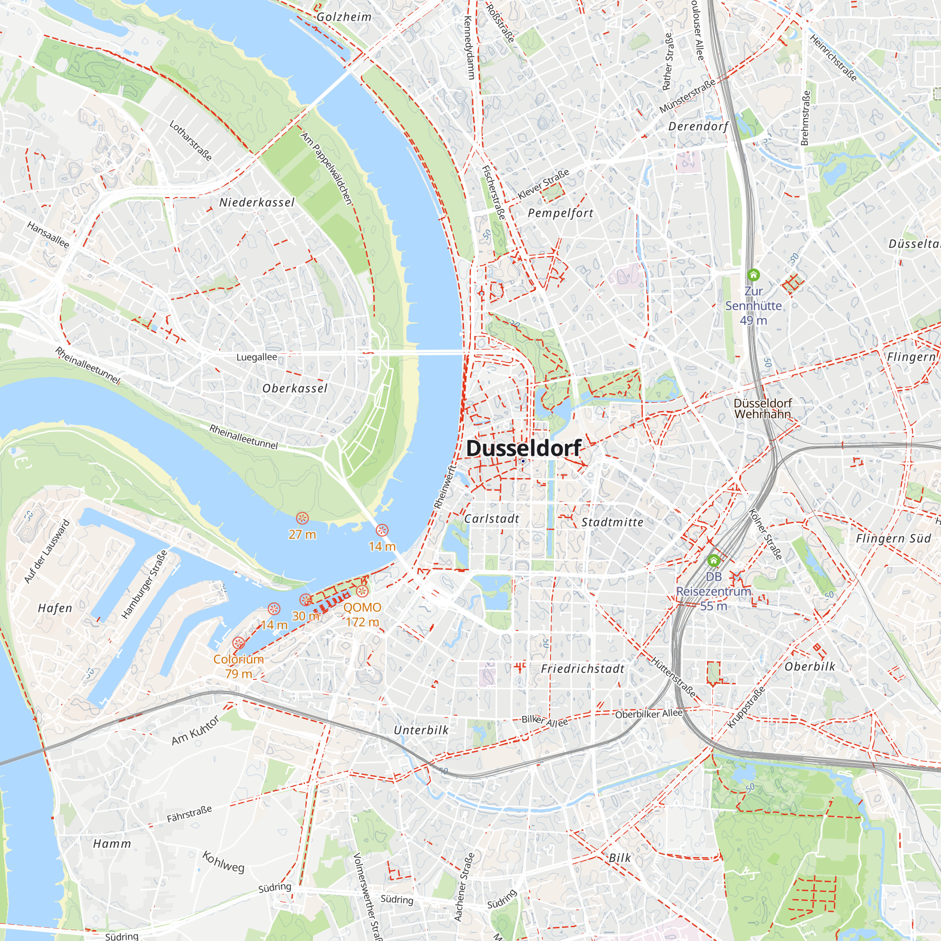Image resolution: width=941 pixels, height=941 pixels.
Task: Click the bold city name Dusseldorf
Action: click(524, 448)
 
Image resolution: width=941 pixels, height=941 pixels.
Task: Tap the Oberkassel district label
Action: click(295, 389)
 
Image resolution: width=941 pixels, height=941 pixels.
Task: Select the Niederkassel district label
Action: click(257, 203)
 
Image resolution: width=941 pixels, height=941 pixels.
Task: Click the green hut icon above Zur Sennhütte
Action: click(753, 275)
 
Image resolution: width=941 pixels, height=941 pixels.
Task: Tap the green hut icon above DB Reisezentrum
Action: click(714, 561)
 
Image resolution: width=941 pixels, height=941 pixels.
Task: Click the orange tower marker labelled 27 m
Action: click(303, 518)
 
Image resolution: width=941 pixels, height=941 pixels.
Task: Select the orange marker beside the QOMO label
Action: click(362, 592)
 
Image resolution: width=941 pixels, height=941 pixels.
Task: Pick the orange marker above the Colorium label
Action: click(238, 643)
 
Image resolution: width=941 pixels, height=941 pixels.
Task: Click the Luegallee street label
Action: click(257, 358)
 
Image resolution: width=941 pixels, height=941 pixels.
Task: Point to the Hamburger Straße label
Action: click(144, 584)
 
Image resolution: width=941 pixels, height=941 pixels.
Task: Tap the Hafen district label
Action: click(55, 608)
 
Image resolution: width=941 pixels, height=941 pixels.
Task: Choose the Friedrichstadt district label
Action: click(582, 669)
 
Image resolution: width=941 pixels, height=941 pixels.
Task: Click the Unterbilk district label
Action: click(421, 730)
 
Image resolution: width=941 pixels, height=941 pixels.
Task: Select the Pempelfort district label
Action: click(561, 213)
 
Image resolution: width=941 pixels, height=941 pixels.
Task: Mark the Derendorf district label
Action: click(698, 127)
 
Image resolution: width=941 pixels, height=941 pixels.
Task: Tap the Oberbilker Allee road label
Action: click(649, 714)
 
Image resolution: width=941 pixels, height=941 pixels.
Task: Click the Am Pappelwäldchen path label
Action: click(326, 168)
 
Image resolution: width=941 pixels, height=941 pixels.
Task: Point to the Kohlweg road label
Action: click(223, 862)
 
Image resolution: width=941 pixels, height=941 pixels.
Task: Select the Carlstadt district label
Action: click(492, 518)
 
